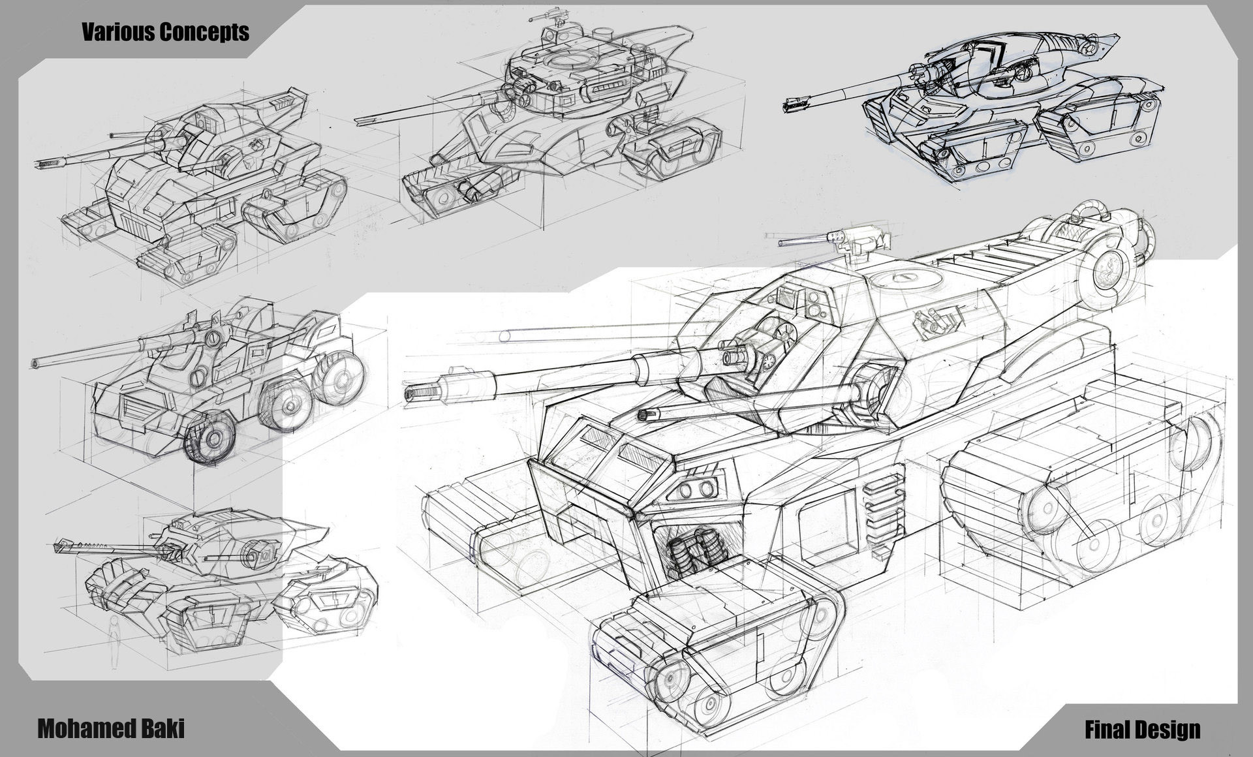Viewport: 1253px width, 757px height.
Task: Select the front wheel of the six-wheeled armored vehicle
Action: click(x=210, y=438)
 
